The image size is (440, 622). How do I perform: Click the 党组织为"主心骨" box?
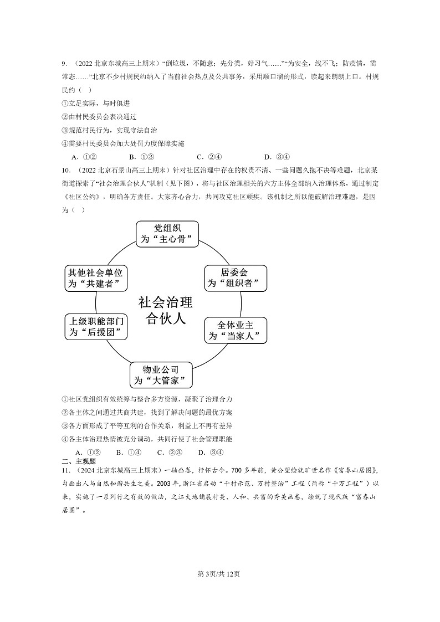(x=167, y=234)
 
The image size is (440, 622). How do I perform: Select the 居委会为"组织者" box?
(x=235, y=277)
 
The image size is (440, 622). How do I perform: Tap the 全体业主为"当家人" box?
(x=235, y=330)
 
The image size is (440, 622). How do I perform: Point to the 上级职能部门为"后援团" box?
(x=96, y=326)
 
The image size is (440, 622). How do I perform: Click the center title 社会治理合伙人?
(x=165, y=311)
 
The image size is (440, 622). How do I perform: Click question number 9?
(x=64, y=64)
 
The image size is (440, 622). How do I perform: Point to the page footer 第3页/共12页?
(x=220, y=573)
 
